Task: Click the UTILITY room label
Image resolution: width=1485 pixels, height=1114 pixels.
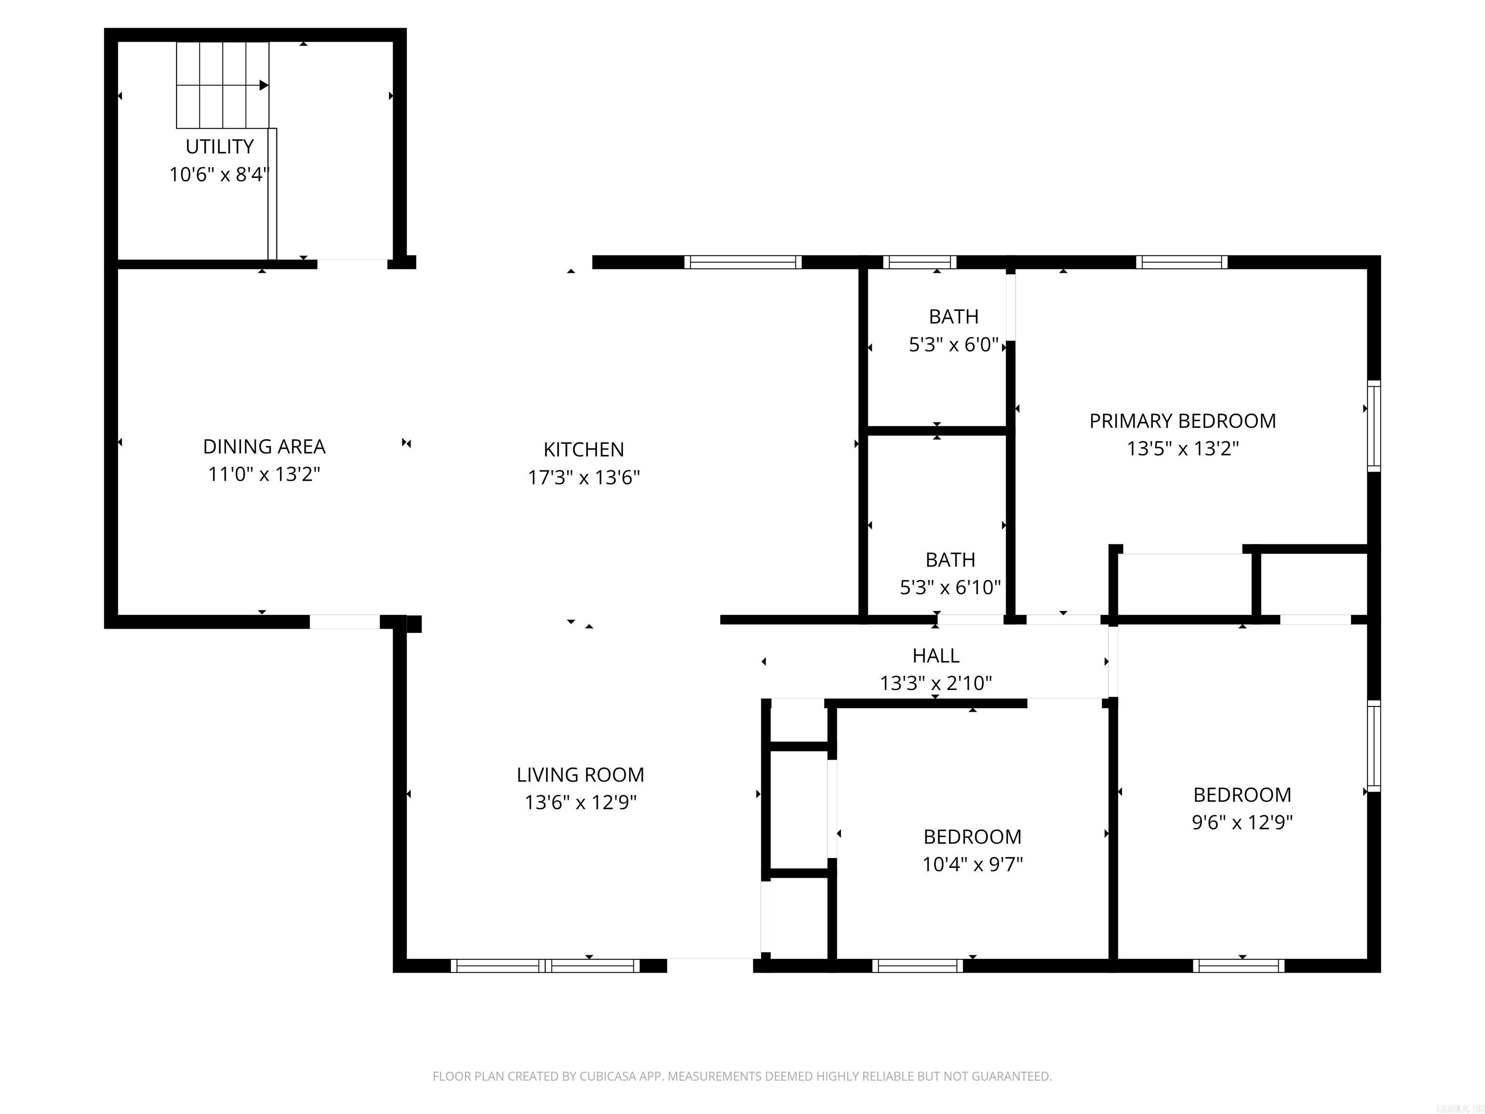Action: (219, 147)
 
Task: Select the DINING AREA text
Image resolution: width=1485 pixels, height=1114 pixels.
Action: (264, 447)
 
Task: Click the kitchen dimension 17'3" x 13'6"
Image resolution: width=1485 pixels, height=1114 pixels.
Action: (583, 477)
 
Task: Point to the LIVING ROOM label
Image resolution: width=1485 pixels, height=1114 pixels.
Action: (580, 775)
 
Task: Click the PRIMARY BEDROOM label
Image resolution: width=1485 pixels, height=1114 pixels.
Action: (1182, 421)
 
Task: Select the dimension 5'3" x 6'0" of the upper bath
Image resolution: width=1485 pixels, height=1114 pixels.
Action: (953, 345)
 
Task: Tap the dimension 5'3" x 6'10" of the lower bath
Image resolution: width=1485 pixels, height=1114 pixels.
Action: (950, 587)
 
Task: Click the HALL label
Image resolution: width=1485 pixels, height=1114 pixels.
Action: (936, 655)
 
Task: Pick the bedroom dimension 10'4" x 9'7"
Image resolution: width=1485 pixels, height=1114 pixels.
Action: (972, 864)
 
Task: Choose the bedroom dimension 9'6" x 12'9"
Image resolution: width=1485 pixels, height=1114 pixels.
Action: (1242, 822)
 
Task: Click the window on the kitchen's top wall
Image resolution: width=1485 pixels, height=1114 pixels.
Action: (742, 263)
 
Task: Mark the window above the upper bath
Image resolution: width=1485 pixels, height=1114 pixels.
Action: (919, 263)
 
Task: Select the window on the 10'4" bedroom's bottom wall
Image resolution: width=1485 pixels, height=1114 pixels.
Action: (917, 966)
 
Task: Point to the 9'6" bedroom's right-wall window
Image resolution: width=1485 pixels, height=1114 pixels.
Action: (1373, 746)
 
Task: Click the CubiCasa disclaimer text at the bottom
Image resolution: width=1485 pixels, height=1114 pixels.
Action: (742, 1076)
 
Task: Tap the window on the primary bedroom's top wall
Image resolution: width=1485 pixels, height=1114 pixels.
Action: (1181, 263)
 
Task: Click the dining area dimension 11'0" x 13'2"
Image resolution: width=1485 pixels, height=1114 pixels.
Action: (264, 474)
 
